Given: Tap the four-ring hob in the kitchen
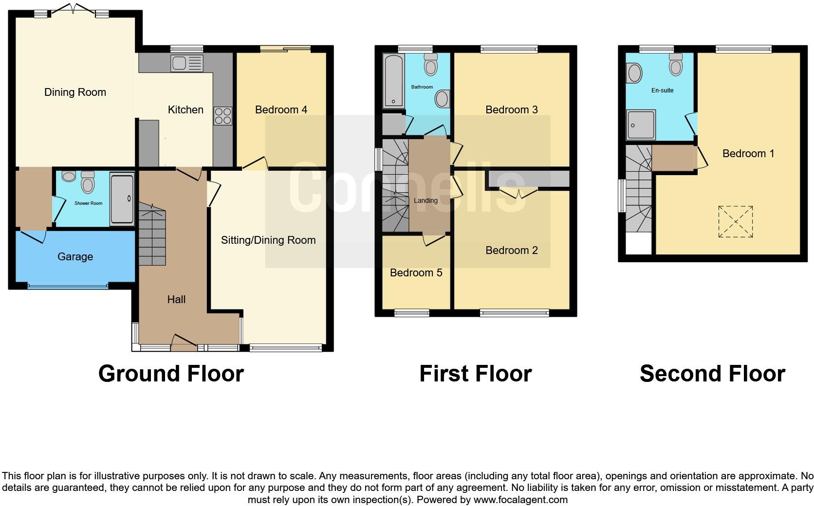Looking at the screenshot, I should [223, 116].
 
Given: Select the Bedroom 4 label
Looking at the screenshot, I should [281, 109].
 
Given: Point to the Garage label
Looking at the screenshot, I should [75, 256].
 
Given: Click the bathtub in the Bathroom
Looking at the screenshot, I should [394, 81].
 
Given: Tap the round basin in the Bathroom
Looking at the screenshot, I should [442, 99].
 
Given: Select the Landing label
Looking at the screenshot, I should [425, 200].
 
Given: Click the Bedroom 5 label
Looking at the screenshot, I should [416, 272].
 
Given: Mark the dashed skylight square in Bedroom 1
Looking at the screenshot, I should [736, 222].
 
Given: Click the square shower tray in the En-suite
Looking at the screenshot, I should [641, 125].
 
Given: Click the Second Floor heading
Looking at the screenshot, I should [712, 374].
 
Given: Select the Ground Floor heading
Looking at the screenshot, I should [171, 374].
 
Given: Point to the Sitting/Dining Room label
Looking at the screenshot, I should [268, 240].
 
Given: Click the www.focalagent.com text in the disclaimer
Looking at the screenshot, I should [520, 500].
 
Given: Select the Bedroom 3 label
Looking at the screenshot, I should [511, 109].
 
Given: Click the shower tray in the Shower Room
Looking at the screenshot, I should [122, 199].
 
